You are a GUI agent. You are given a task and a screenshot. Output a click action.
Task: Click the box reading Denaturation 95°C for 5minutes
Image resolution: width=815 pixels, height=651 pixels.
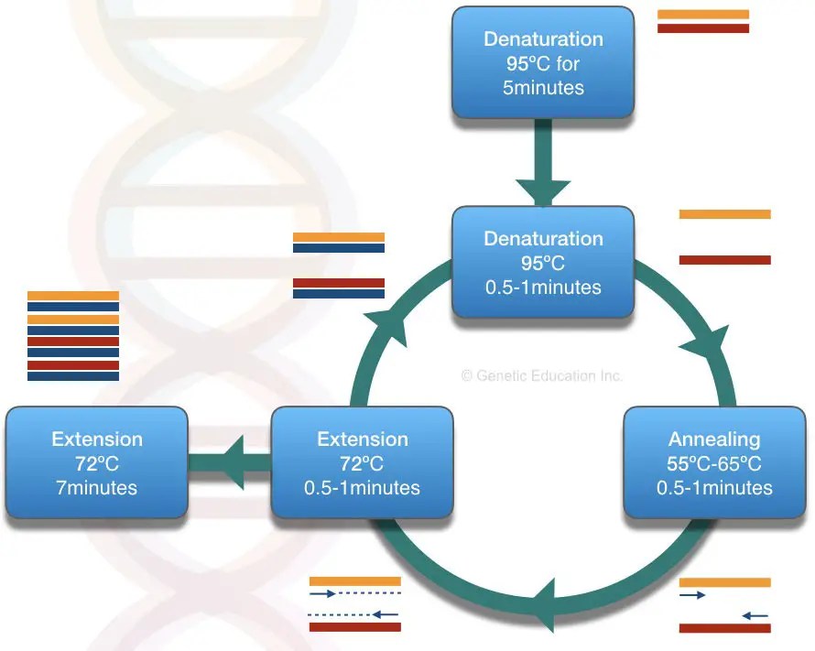tap(543, 63)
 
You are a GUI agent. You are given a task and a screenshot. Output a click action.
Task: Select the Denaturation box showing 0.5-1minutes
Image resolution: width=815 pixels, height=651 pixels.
tap(543, 263)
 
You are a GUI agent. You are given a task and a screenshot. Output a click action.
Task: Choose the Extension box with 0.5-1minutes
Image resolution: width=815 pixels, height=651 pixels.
tap(363, 463)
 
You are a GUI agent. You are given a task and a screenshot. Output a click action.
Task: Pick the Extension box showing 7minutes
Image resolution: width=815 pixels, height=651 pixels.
tap(97, 463)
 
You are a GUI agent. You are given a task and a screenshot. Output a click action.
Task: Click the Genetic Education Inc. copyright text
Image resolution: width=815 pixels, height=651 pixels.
tap(542, 375)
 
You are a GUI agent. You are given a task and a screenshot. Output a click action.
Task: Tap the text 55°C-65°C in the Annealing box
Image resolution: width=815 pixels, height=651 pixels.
tap(714, 463)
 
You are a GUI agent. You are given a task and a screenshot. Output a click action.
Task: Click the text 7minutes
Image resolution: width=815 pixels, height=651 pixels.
tap(97, 487)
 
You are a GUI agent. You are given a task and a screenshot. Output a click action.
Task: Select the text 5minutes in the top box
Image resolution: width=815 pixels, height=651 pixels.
tap(543, 89)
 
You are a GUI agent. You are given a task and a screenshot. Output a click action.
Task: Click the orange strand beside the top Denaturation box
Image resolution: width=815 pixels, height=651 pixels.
tap(703, 15)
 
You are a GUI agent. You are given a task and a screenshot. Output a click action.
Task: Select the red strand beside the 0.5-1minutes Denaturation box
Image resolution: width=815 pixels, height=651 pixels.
tap(725, 260)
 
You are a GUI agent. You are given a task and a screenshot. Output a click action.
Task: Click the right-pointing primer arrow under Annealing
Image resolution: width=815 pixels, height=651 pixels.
tap(692, 595)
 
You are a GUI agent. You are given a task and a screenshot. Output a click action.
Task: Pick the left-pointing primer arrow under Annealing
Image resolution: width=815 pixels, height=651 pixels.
tap(755, 615)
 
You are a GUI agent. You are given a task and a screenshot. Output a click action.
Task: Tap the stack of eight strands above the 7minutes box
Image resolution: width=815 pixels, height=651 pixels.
tap(73, 335)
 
